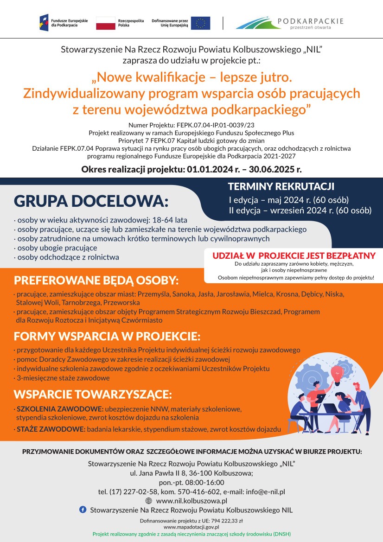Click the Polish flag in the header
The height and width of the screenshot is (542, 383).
106,23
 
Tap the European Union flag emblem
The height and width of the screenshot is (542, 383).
200,23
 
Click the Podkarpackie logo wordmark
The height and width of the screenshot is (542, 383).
310,21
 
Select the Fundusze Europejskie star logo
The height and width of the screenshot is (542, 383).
44,22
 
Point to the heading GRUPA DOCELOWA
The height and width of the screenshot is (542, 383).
91,201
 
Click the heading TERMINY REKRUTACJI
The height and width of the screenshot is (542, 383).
281,186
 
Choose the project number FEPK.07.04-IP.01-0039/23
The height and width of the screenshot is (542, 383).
216,125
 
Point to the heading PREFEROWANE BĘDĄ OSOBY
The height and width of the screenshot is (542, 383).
96,281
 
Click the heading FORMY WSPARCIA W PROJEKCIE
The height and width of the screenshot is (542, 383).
107,336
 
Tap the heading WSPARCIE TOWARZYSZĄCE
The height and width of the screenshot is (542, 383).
93,395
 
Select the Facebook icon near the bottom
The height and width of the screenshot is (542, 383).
83,510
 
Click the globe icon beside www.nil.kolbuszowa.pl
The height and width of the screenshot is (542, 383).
149,501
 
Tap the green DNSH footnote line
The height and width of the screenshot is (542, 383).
191,534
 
